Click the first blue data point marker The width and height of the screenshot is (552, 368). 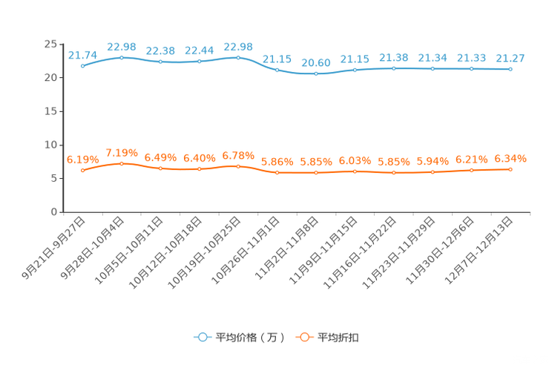coord(82,65)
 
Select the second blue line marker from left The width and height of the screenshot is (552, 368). coord(121,57)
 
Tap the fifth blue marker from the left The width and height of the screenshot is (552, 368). coord(238,57)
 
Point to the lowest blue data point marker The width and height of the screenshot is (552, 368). coord(316,73)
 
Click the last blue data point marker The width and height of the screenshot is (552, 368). coord(510,69)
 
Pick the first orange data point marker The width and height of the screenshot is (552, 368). coord(82,170)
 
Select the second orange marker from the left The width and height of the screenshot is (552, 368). coord(121,163)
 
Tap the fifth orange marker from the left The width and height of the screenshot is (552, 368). coord(238,166)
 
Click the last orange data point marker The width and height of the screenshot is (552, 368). coord(510,169)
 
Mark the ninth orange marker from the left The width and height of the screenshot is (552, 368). coord(393,172)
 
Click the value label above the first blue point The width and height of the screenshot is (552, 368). coord(82,54)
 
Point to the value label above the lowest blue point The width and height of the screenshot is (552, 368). coord(316,62)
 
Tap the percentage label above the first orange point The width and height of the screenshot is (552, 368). coord(82,159)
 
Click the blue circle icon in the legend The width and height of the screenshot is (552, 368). coord(202,337)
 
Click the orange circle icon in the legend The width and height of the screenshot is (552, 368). coord(303,337)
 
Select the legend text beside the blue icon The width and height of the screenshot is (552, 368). coord(249,338)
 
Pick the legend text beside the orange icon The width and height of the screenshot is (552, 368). coord(338,338)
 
